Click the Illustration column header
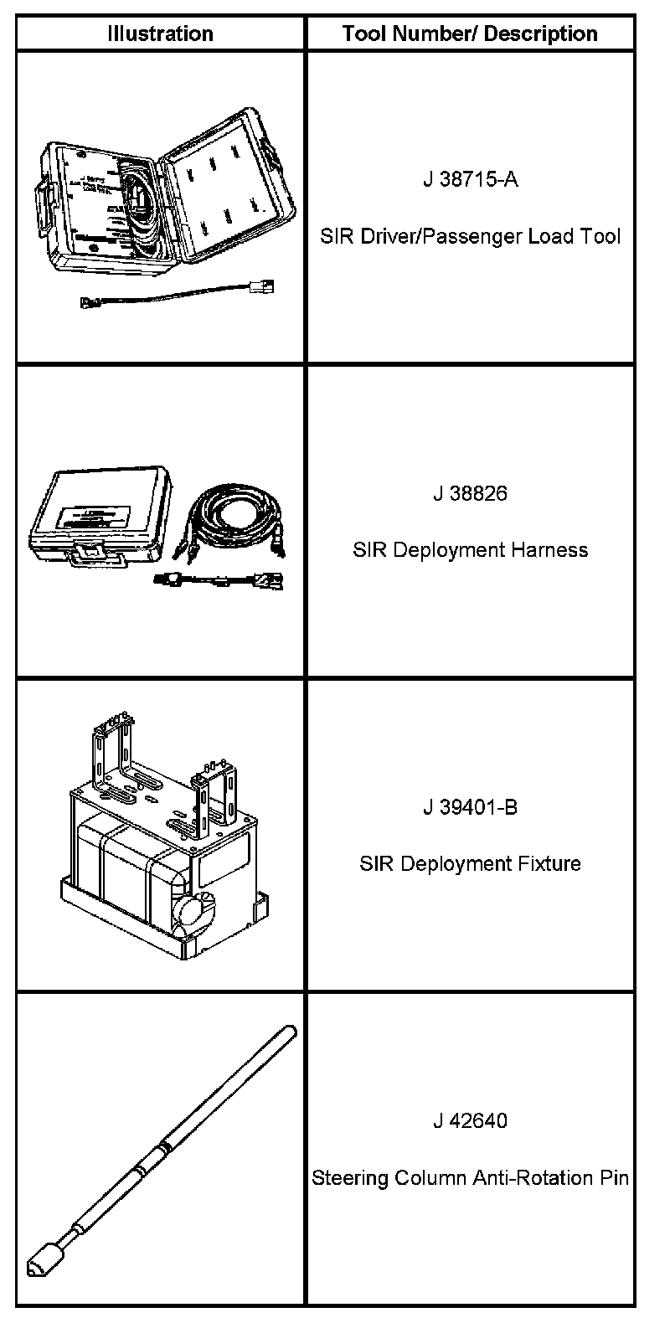tap(160, 34)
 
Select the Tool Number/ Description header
tap(470, 34)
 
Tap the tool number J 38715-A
tap(470, 179)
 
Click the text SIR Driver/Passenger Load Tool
tap(470, 236)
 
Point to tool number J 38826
tap(470, 493)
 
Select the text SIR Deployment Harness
tap(470, 550)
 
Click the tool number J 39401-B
tap(470, 807)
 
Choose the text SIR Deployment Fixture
tap(470, 863)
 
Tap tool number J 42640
tap(470, 1120)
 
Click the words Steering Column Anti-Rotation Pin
tap(470, 1178)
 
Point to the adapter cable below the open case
tap(176, 295)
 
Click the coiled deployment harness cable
tap(230, 515)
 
